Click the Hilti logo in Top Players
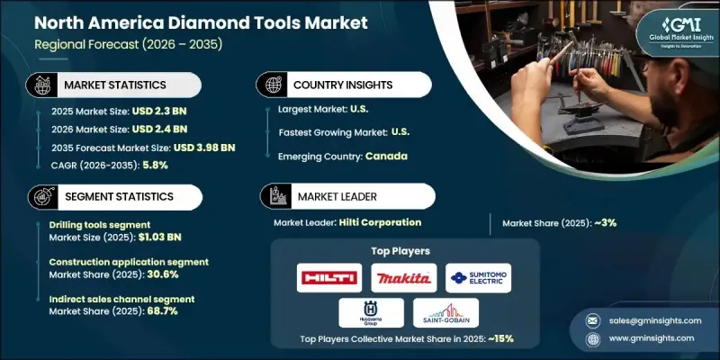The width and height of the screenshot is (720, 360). coord(328,277)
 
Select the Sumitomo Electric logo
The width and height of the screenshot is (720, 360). coord(478,277)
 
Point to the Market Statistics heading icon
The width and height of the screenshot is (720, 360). coord(40,84)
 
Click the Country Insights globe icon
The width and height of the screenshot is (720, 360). coord(274,84)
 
